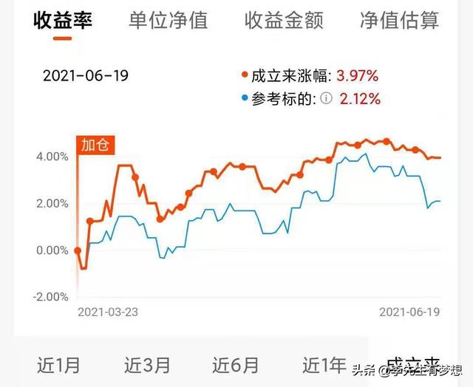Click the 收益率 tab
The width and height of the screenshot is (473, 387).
tap(63, 20)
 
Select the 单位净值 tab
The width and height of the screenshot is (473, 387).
tap(168, 20)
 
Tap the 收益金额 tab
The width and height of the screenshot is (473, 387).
tap(284, 20)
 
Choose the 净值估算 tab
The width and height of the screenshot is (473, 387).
tap(399, 20)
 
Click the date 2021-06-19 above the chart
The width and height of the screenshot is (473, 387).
tap(86, 76)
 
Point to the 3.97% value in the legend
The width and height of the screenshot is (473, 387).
tap(358, 75)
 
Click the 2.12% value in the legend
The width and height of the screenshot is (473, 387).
tap(359, 98)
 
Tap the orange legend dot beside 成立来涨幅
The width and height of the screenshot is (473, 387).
tap(245, 75)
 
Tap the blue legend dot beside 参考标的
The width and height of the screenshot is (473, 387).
tap(245, 97)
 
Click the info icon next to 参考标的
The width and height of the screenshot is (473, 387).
tap(326, 98)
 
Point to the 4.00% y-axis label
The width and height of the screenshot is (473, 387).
tap(52, 156)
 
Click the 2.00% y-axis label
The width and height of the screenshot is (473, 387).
tap(52, 203)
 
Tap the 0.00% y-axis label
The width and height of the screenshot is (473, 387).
tap(52, 250)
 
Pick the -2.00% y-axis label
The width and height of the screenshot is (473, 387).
tap(50, 297)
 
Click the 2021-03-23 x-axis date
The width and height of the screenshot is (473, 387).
tap(108, 312)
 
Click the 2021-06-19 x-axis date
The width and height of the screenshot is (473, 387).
tap(409, 312)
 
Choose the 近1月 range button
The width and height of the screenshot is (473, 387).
tap(59, 365)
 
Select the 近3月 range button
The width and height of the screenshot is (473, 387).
tap(147, 365)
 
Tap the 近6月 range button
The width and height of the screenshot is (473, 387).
tap(236, 365)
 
